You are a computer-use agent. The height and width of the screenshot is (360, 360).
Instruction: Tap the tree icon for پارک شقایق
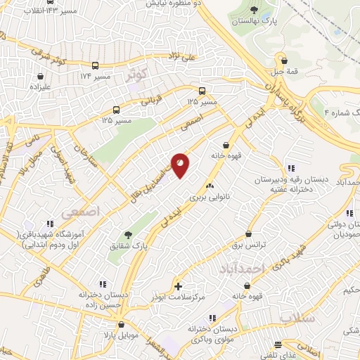(x=127, y=235)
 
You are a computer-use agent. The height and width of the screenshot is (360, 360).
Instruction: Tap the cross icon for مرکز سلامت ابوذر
(x=179, y=286)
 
